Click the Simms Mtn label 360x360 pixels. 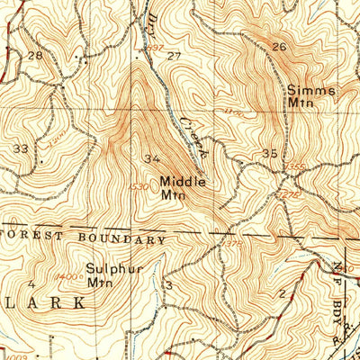tap(311, 96)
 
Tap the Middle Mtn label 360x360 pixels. tap(183, 187)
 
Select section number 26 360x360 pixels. tap(278, 47)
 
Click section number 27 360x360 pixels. tap(174, 56)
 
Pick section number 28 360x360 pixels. tap(35, 56)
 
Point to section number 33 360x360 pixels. tap(20, 147)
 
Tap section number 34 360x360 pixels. tap(152, 159)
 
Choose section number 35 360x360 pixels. tap(269, 155)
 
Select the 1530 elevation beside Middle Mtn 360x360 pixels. tap(139, 186)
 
